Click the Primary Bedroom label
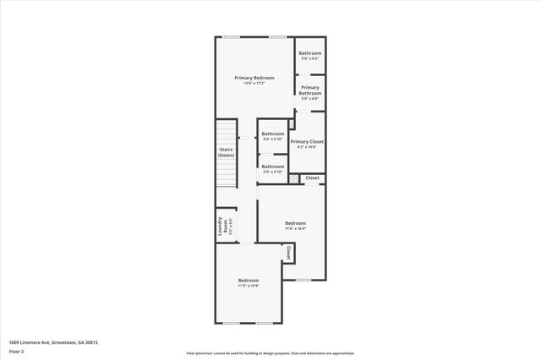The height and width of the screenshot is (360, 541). click(x=254, y=78)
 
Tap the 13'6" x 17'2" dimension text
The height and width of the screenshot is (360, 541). click(x=254, y=83)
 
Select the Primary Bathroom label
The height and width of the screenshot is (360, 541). click(x=310, y=90)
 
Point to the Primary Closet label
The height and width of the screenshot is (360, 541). click(x=307, y=141)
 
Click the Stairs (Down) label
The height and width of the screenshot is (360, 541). click(x=226, y=153)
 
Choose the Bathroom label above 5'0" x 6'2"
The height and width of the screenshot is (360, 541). click(x=310, y=53)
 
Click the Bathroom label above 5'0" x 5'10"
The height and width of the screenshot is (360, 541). click(x=272, y=134)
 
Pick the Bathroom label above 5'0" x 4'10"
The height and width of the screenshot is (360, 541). click(x=272, y=166)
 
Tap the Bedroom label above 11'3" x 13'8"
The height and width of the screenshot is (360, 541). click(x=248, y=280)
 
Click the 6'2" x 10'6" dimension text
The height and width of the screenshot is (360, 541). click(x=307, y=147)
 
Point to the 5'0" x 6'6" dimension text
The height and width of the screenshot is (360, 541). click(x=310, y=99)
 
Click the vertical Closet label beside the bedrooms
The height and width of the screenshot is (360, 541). click(x=288, y=253)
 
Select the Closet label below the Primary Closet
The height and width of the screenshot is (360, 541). click(x=312, y=178)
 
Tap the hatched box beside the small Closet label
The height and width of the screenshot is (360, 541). click(x=294, y=178)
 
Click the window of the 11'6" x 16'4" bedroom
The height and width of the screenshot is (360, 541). click(x=303, y=280)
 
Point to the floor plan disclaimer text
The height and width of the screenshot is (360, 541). click(x=270, y=353)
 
